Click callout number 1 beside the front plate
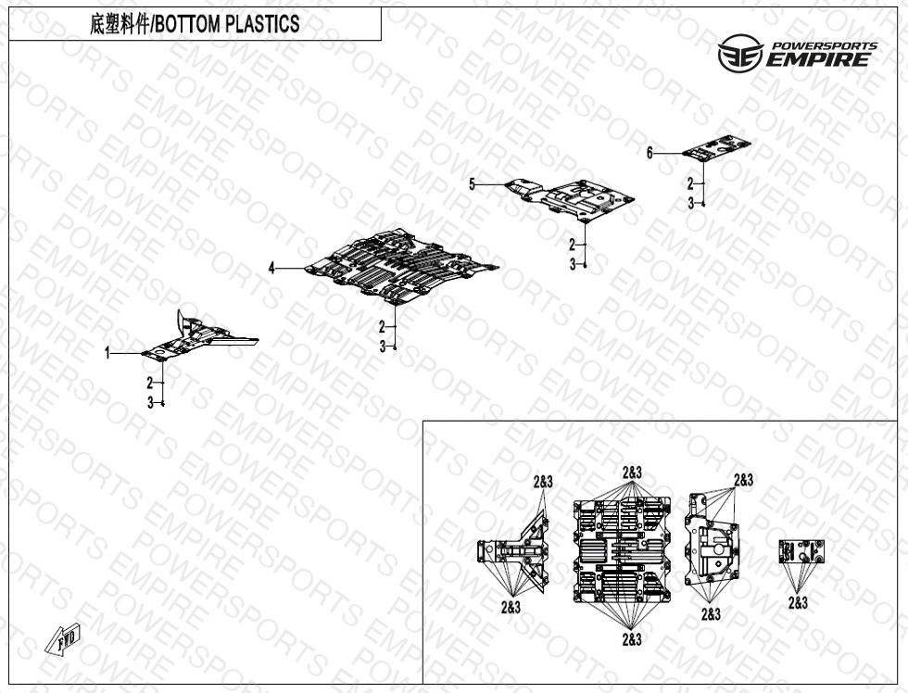click(x=107, y=353)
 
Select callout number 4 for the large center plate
click(x=271, y=268)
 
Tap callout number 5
click(x=472, y=185)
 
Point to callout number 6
click(x=650, y=153)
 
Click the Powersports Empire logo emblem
click(x=739, y=57)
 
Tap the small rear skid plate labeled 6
click(x=715, y=146)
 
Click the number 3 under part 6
click(x=690, y=203)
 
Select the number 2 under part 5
click(x=573, y=245)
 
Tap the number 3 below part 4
click(x=383, y=346)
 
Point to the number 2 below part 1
click(x=150, y=383)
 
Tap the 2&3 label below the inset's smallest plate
click(x=798, y=602)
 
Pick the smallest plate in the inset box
click(x=801, y=552)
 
